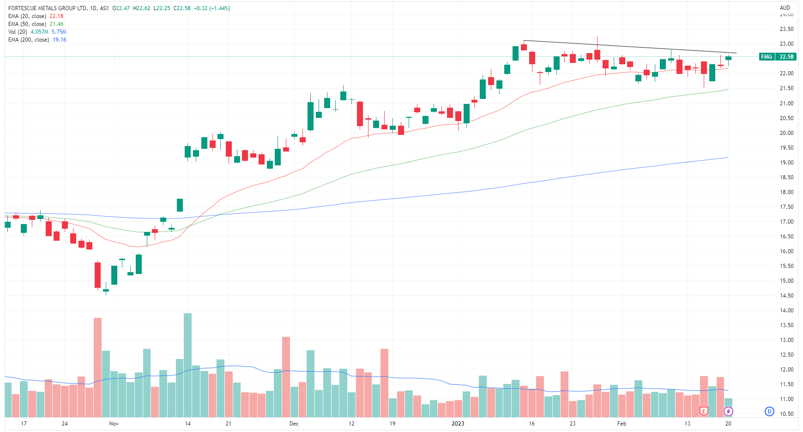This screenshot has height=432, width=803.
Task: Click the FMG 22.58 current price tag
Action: [778, 57]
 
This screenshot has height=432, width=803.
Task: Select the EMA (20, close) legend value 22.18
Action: [56, 16]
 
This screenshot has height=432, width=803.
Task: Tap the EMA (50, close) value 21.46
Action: [56, 24]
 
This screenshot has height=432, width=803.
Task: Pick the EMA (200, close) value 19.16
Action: [59, 40]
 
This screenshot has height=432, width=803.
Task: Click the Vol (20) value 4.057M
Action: [39, 32]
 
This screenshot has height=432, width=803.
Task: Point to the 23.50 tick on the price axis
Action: [786, 29]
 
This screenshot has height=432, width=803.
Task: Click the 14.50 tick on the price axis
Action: [786, 296]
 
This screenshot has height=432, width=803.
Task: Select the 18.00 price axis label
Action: [786, 192]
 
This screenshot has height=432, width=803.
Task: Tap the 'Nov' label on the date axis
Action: [114, 424]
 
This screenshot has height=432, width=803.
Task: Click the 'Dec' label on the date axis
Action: [294, 424]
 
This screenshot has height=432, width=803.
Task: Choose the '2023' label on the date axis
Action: [458, 424]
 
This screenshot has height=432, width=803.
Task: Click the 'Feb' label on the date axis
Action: [622, 424]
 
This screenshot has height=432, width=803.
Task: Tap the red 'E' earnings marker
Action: [704, 411]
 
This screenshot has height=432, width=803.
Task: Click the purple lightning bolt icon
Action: [728, 411]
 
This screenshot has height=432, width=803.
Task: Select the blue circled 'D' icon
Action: [769, 411]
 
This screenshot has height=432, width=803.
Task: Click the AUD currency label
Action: [785, 8]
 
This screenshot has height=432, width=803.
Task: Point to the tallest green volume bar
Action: [187, 365]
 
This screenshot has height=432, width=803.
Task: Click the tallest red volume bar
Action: [97, 367]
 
